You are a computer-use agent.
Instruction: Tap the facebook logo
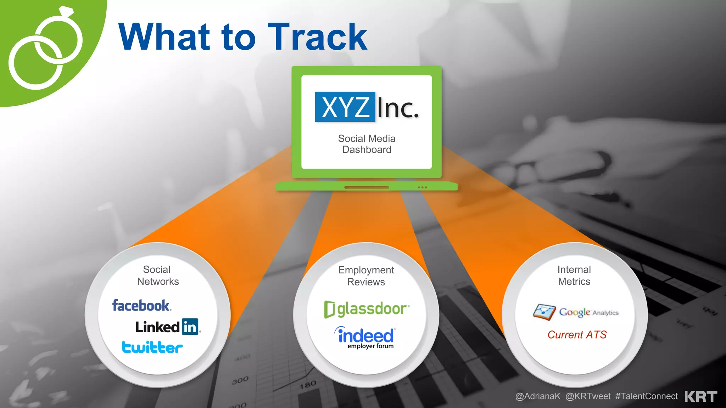(x=141, y=305)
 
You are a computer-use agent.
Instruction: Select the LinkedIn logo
(x=168, y=327)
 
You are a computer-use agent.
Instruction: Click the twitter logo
(x=152, y=347)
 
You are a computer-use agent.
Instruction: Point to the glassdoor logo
(x=367, y=309)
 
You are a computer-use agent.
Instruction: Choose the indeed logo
(x=365, y=337)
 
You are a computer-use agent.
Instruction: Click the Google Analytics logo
(x=576, y=312)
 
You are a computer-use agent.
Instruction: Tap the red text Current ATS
(x=577, y=335)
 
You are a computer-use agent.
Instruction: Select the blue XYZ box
(x=345, y=107)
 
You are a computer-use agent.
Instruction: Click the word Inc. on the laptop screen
(x=397, y=108)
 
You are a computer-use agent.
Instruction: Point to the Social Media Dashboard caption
(x=367, y=144)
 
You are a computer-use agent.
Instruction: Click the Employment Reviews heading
(x=366, y=276)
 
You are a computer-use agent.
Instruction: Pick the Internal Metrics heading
(x=574, y=276)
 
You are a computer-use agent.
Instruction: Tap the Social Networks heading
(x=158, y=276)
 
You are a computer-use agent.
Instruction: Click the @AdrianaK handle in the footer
(x=538, y=396)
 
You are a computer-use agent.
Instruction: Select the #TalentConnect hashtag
(x=646, y=396)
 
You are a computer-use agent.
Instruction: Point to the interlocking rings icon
(x=45, y=50)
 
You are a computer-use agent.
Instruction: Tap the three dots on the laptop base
(x=422, y=187)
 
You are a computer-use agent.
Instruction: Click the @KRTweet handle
(x=588, y=396)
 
